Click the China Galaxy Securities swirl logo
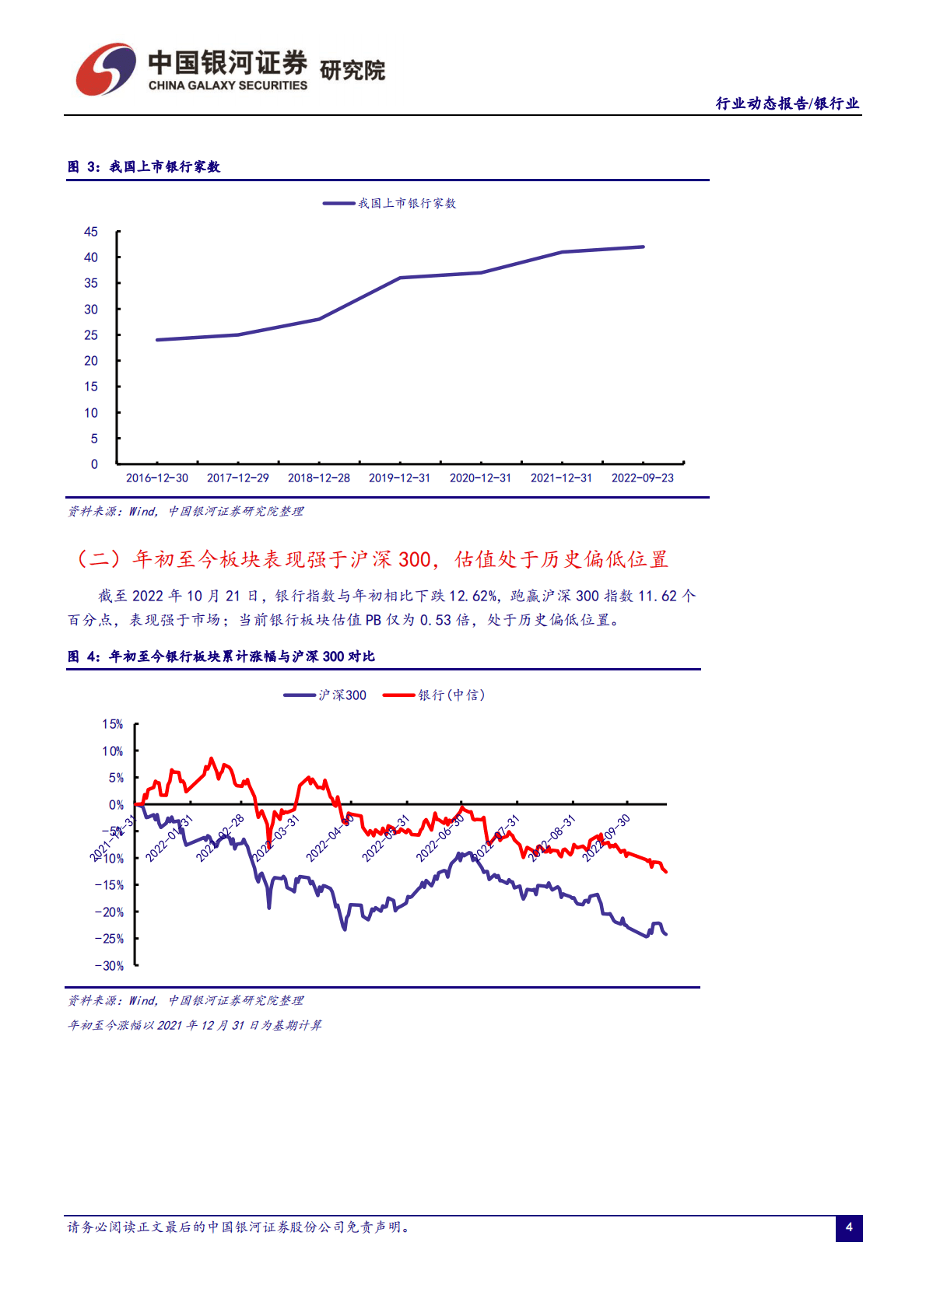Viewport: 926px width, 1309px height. tap(105, 69)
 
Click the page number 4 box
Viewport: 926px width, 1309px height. tap(849, 1228)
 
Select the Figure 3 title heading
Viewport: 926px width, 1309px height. tap(144, 166)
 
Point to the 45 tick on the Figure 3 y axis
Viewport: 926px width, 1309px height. tap(91, 232)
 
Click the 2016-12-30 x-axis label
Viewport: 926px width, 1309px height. tap(157, 478)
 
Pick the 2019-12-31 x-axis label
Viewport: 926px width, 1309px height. tap(399, 478)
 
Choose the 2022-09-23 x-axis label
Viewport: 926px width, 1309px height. tap(642, 478)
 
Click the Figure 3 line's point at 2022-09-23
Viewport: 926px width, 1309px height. tap(644, 247)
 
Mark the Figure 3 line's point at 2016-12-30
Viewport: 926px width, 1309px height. tap(157, 340)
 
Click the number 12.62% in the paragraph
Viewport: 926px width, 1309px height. tap(473, 596)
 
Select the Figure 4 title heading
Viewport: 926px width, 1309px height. tap(221, 656)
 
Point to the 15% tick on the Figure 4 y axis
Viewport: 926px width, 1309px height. tap(113, 724)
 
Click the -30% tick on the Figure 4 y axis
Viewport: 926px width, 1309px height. tap(110, 966)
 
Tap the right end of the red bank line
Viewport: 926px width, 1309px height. tap(666, 871)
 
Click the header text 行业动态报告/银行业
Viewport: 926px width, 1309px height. tap(787, 103)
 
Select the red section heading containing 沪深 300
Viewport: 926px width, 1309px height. tap(372, 559)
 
